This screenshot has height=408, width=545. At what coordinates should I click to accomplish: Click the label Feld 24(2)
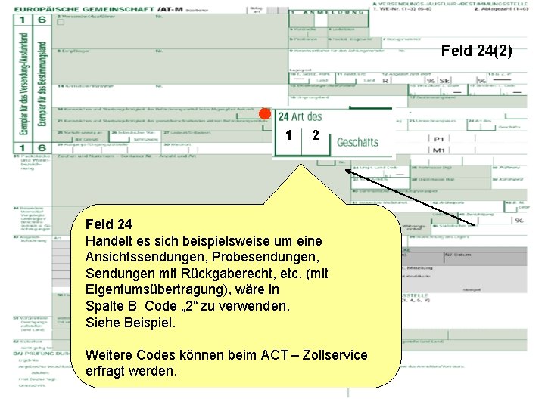click(476, 51)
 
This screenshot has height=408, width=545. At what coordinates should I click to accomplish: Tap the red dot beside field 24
click(264, 114)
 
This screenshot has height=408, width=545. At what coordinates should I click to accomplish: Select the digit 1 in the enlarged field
click(290, 135)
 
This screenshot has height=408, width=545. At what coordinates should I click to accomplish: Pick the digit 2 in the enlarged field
click(316, 135)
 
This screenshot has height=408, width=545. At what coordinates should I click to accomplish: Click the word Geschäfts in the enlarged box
click(357, 141)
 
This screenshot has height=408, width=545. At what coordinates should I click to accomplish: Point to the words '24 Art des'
click(300, 116)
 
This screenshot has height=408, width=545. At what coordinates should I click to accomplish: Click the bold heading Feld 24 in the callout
click(109, 224)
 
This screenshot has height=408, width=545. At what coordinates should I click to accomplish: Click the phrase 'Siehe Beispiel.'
click(130, 322)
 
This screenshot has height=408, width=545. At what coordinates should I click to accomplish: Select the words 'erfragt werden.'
click(132, 371)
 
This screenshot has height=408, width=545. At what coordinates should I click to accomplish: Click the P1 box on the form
click(438, 138)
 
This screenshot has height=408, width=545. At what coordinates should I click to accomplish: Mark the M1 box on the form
click(438, 150)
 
